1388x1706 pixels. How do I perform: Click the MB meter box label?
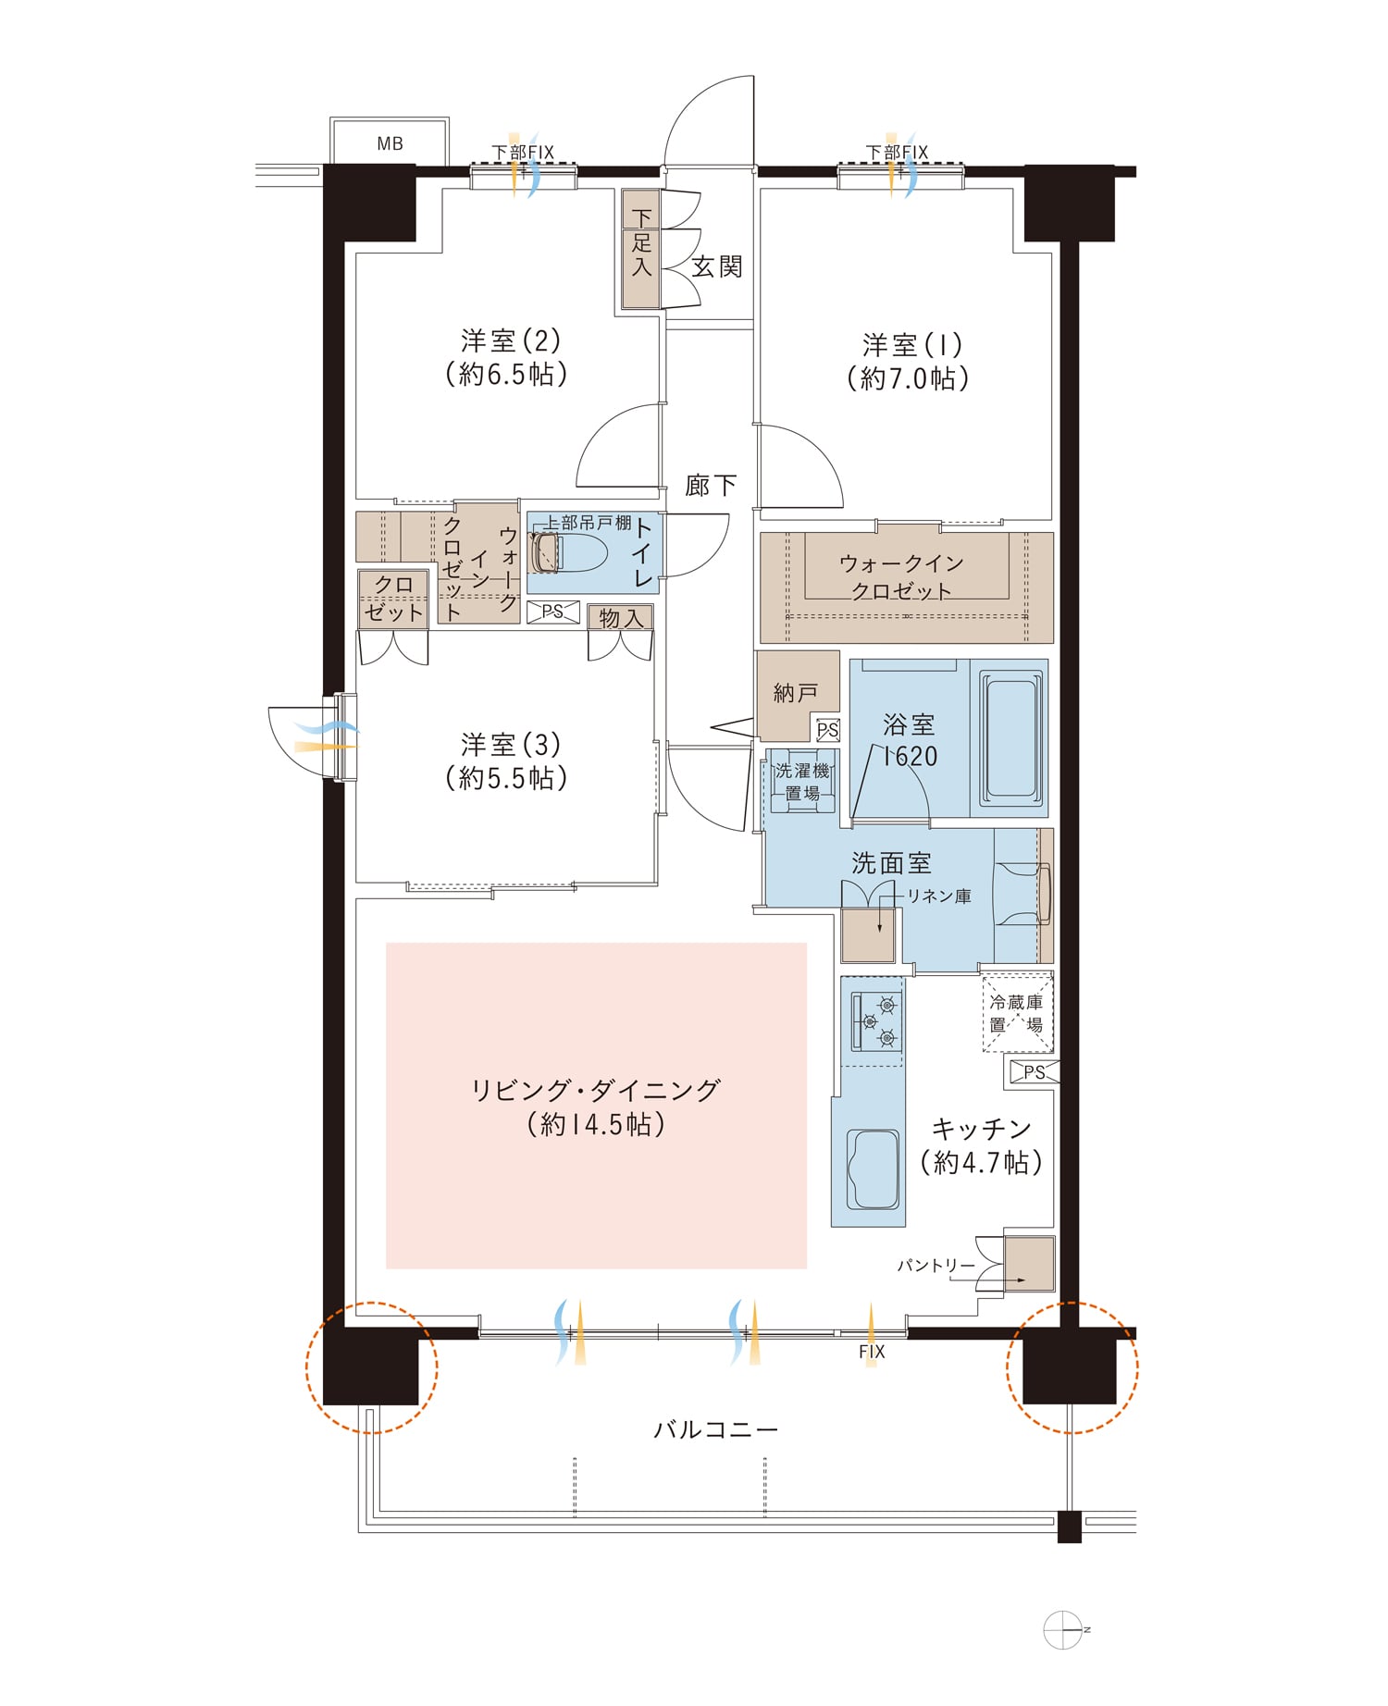390,143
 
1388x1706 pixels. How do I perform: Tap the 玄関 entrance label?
717,266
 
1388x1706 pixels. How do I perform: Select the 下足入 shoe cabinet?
640,249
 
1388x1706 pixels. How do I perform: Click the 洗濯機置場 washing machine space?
802,781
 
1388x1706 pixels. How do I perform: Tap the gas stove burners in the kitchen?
875,1020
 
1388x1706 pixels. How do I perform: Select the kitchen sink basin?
872,1168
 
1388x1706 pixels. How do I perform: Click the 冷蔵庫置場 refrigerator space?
1017,1013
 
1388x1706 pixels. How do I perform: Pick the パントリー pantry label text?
936,1265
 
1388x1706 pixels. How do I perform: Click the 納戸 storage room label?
796,692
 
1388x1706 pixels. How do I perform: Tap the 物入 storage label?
621,617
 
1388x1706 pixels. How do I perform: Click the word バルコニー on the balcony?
716,1429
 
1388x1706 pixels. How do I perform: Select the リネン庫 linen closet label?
938,896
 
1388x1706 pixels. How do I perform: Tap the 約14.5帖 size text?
596,1124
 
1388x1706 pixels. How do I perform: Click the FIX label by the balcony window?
872,1352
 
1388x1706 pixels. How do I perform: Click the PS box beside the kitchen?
1032,1072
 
